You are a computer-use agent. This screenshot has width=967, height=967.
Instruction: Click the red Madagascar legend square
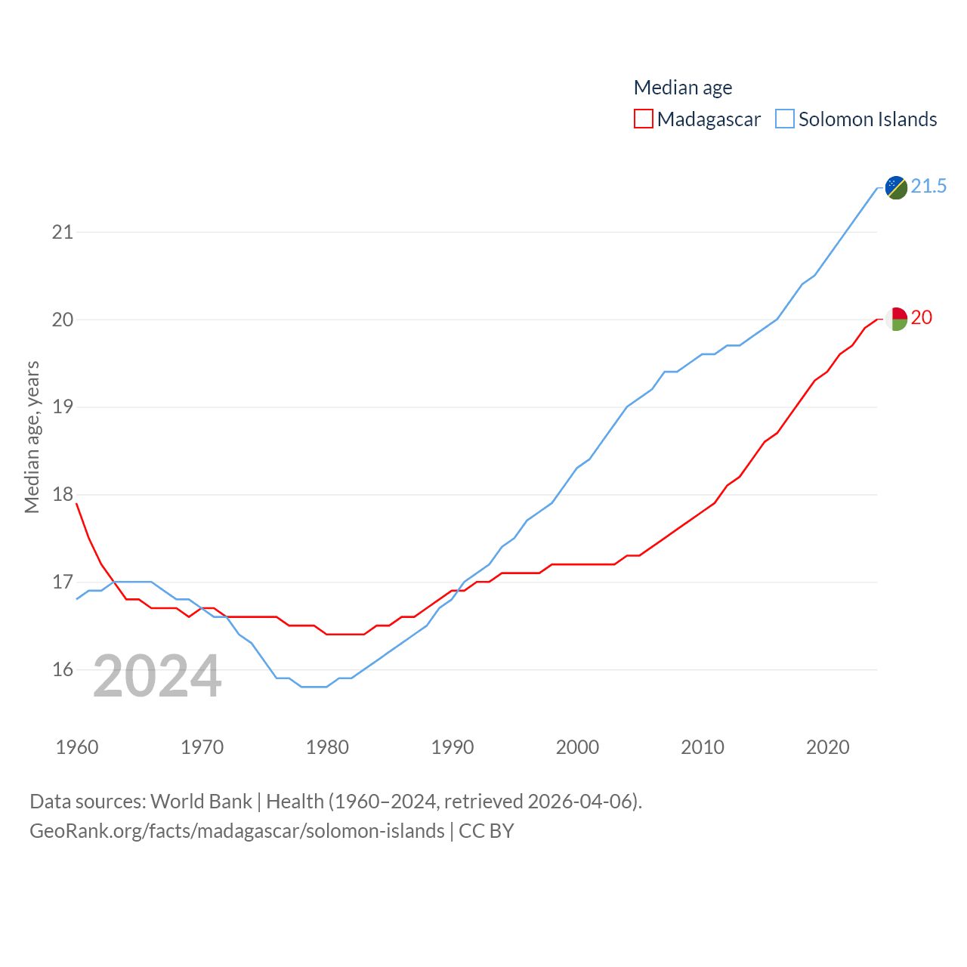pyautogui.click(x=643, y=119)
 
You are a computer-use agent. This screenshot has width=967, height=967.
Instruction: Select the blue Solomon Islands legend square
pyautogui.click(x=785, y=119)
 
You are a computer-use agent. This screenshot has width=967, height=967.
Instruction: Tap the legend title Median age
pyautogui.click(x=683, y=88)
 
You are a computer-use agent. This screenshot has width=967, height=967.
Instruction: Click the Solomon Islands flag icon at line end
pyautogui.click(x=896, y=187)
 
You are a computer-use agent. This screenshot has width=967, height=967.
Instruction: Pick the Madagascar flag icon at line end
pyautogui.click(x=896, y=319)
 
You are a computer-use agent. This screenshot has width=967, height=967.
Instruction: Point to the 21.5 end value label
pyautogui.click(x=928, y=186)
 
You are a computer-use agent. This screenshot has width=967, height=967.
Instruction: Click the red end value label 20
pyautogui.click(x=922, y=317)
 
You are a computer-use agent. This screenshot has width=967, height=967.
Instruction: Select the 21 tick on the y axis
pyautogui.click(x=63, y=232)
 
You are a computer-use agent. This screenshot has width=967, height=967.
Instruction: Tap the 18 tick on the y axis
pyautogui.click(x=63, y=495)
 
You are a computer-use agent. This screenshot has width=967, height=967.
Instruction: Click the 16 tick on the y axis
pyautogui.click(x=63, y=670)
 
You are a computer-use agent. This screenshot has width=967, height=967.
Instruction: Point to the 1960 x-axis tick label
pyautogui.click(x=77, y=747)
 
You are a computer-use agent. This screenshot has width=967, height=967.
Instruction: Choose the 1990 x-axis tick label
pyautogui.click(x=453, y=747)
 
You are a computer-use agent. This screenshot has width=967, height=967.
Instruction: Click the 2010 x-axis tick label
pyautogui.click(x=703, y=747)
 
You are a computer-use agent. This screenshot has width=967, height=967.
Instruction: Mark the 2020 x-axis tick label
pyautogui.click(x=828, y=747)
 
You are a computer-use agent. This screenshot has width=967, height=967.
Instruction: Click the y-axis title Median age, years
pyautogui.click(x=32, y=437)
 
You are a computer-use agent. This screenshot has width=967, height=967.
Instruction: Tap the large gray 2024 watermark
pyautogui.click(x=157, y=676)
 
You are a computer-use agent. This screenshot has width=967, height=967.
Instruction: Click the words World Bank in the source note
pyautogui.click(x=201, y=801)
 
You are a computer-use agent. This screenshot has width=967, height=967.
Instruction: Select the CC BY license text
pyautogui.click(x=487, y=831)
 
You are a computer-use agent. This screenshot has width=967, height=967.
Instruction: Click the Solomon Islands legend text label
pyautogui.click(x=867, y=119)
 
